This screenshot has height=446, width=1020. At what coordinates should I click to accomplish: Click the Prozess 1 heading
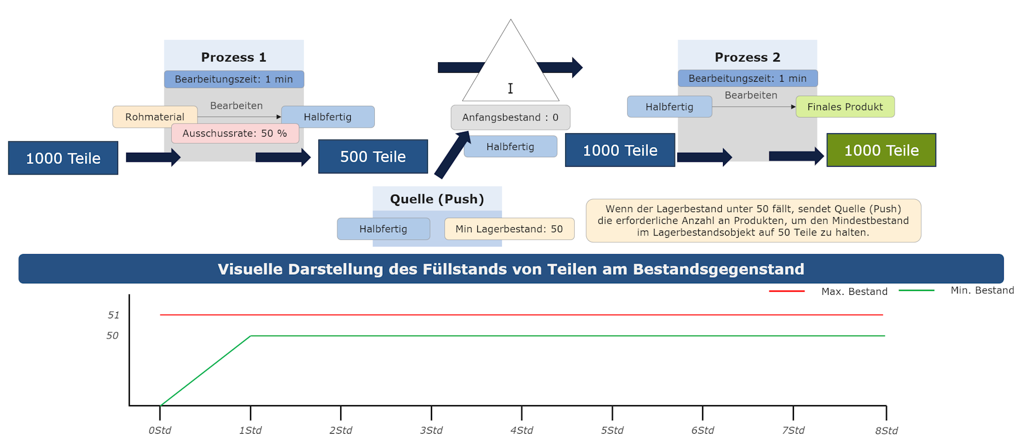(x=233, y=57)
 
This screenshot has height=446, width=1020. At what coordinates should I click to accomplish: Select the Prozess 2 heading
(x=747, y=57)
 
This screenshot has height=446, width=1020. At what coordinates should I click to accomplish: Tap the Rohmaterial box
(x=154, y=117)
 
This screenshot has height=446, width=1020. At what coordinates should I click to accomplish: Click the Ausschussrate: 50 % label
(x=234, y=134)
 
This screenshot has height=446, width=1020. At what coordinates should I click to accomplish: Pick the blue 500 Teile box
(x=373, y=157)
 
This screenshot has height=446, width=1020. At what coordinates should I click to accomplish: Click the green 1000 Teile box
(x=881, y=150)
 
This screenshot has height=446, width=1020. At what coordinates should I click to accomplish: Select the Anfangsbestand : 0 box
(x=510, y=118)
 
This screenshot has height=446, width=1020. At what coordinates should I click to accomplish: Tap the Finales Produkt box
(x=844, y=107)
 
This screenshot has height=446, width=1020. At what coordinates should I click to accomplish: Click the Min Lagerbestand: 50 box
(x=509, y=229)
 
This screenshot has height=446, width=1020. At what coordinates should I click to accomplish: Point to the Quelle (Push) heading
(x=436, y=199)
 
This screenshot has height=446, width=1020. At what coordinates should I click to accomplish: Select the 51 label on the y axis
(x=114, y=315)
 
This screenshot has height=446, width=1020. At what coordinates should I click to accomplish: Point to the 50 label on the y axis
(x=112, y=336)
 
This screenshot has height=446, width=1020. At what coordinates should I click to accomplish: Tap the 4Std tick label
(x=521, y=430)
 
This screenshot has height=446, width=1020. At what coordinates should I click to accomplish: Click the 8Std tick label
(x=886, y=431)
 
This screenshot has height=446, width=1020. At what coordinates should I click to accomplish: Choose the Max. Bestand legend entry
(x=854, y=292)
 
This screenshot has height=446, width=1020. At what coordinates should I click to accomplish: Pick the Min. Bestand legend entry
(x=982, y=290)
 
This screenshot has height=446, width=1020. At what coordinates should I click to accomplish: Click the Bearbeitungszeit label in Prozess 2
(x=747, y=78)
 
